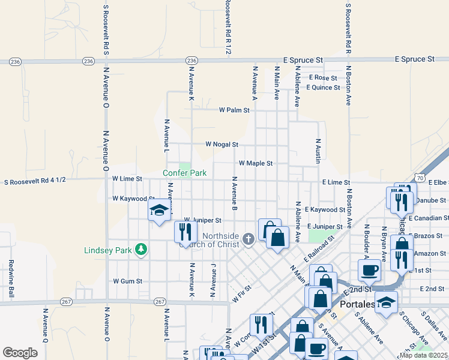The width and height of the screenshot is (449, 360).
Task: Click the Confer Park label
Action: point(185,173)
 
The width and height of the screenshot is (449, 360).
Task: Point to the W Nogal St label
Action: point(221,145)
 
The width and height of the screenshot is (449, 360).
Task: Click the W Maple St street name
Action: point(256,163)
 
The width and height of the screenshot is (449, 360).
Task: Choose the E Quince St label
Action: point(324,88)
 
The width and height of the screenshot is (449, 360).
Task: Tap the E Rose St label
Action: point(324,78)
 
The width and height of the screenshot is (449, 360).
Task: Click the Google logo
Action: point(20,352)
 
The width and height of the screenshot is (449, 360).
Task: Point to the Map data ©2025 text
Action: point(424,355)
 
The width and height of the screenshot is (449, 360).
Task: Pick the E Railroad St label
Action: point(319,248)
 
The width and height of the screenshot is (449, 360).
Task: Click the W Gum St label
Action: point(127,281)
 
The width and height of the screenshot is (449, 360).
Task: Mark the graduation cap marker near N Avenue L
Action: point(159,211)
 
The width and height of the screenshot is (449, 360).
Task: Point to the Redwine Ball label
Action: point(11,278)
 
